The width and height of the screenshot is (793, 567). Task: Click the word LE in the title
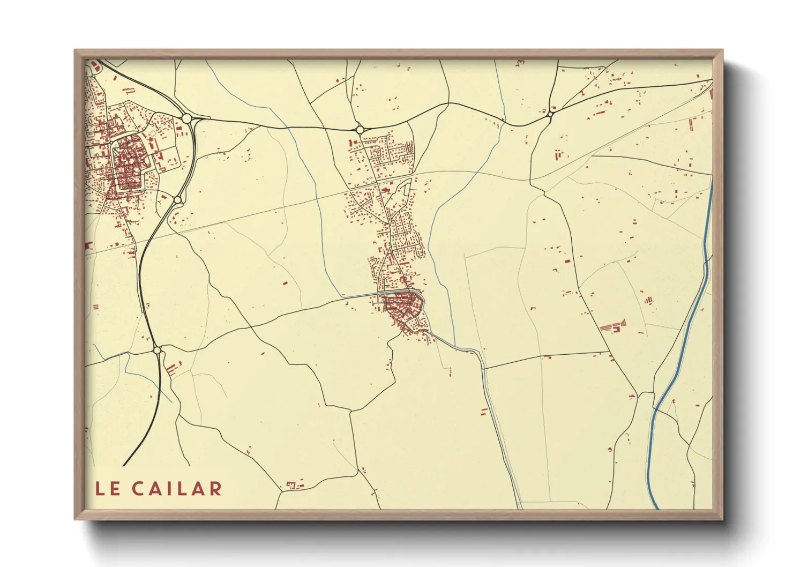107,488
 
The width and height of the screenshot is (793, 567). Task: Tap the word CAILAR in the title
176,488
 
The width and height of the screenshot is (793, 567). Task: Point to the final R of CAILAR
215,488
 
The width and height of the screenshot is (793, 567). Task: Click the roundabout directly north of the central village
358,129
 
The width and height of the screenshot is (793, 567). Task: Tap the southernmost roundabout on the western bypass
157,350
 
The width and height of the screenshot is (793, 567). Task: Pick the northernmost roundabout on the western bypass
186,118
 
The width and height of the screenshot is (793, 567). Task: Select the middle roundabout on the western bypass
177,200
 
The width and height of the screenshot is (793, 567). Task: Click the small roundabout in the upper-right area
550,114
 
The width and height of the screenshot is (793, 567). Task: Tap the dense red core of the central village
401,307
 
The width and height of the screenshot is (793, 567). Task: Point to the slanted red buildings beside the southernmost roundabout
171,369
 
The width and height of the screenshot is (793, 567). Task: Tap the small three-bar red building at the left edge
96,307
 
